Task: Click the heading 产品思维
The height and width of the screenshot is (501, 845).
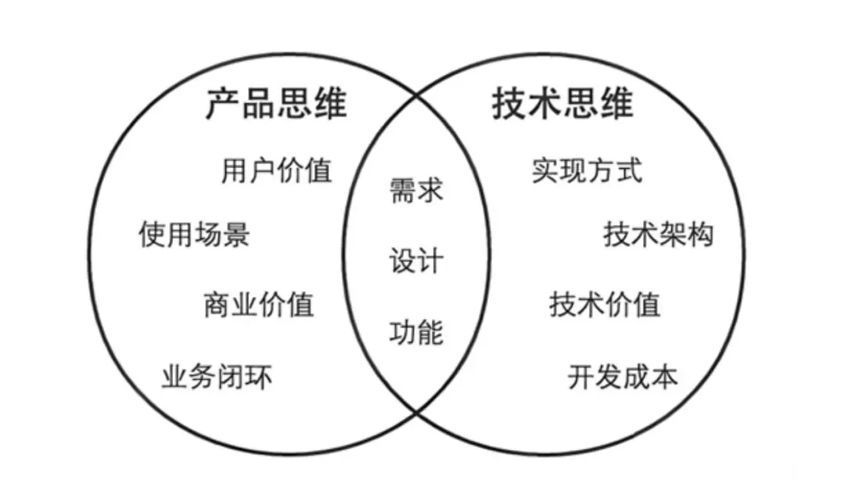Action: tap(275, 104)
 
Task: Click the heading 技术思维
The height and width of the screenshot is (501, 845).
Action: tap(563, 104)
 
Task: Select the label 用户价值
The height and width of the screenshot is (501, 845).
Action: tap(276, 170)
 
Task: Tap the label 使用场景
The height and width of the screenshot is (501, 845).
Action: tap(194, 233)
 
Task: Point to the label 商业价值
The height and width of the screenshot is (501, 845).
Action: tap(259, 303)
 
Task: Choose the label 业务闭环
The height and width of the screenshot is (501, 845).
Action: tap(217, 378)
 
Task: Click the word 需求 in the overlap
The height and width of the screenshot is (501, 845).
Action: tap(416, 191)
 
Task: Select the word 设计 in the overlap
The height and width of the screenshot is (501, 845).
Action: tap(416, 261)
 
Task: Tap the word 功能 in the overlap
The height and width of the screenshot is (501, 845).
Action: tap(416, 333)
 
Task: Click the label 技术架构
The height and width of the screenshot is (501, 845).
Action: tap(659, 234)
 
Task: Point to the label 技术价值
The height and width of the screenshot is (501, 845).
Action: tap(605, 304)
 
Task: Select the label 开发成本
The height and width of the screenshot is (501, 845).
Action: tap(623, 378)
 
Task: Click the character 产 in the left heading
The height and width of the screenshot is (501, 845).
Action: tap(223, 104)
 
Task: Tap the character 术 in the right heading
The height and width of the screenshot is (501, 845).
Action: tap(545, 104)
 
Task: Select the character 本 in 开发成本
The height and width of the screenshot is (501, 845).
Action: tap(665, 378)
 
